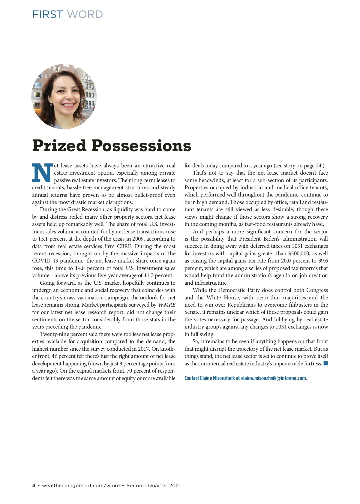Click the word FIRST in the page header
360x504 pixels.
click(47, 14)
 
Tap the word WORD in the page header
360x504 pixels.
click(85, 14)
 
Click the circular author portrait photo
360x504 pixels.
click(64, 96)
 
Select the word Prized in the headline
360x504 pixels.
click(59, 146)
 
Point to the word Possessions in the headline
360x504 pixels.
click(141, 146)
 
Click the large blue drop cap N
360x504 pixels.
click(42, 173)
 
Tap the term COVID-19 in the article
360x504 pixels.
click(45, 261)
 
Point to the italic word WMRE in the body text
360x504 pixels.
click(167, 305)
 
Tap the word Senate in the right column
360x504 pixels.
click(192, 312)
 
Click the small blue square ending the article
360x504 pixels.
click(326, 364)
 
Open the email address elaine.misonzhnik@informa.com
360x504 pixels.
click(274, 378)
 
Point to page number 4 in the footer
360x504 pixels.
click(34, 485)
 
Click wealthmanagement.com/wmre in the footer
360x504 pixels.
click(81, 485)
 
